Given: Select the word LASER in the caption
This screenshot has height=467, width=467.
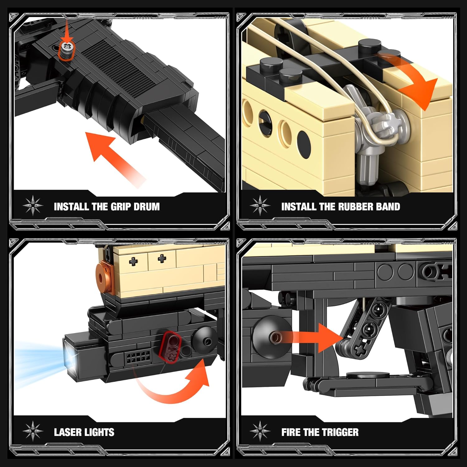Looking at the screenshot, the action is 67,432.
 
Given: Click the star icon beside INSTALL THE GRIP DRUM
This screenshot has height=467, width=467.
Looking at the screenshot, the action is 33,206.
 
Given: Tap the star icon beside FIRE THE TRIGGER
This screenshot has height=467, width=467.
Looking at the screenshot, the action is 260,432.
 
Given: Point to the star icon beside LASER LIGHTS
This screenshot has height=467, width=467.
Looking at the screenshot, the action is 33,432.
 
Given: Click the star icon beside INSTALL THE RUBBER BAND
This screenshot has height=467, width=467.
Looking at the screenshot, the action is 260,206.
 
